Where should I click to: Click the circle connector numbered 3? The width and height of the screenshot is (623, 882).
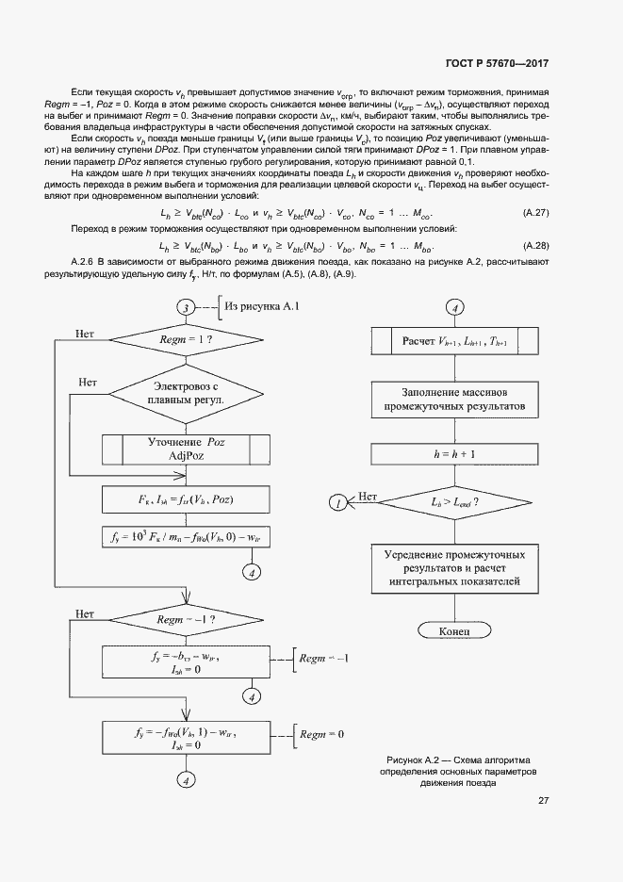tap(187, 308)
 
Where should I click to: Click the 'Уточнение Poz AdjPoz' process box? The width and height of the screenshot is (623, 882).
tap(187, 448)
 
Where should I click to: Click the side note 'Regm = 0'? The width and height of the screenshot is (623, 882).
tap(321, 733)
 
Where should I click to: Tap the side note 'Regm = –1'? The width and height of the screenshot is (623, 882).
tap(324, 658)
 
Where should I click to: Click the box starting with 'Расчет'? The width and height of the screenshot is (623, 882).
tap(454, 340)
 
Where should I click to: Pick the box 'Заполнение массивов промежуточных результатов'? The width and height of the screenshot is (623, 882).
tap(454, 400)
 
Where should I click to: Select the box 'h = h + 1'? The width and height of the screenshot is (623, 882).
tap(454, 453)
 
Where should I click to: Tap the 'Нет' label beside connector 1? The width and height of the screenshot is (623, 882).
tap(368, 496)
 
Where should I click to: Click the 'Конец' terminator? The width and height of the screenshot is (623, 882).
tap(454, 629)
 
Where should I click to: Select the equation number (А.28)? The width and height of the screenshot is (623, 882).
tap(535, 246)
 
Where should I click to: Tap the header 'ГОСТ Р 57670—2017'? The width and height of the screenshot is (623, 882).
tap(497, 63)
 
